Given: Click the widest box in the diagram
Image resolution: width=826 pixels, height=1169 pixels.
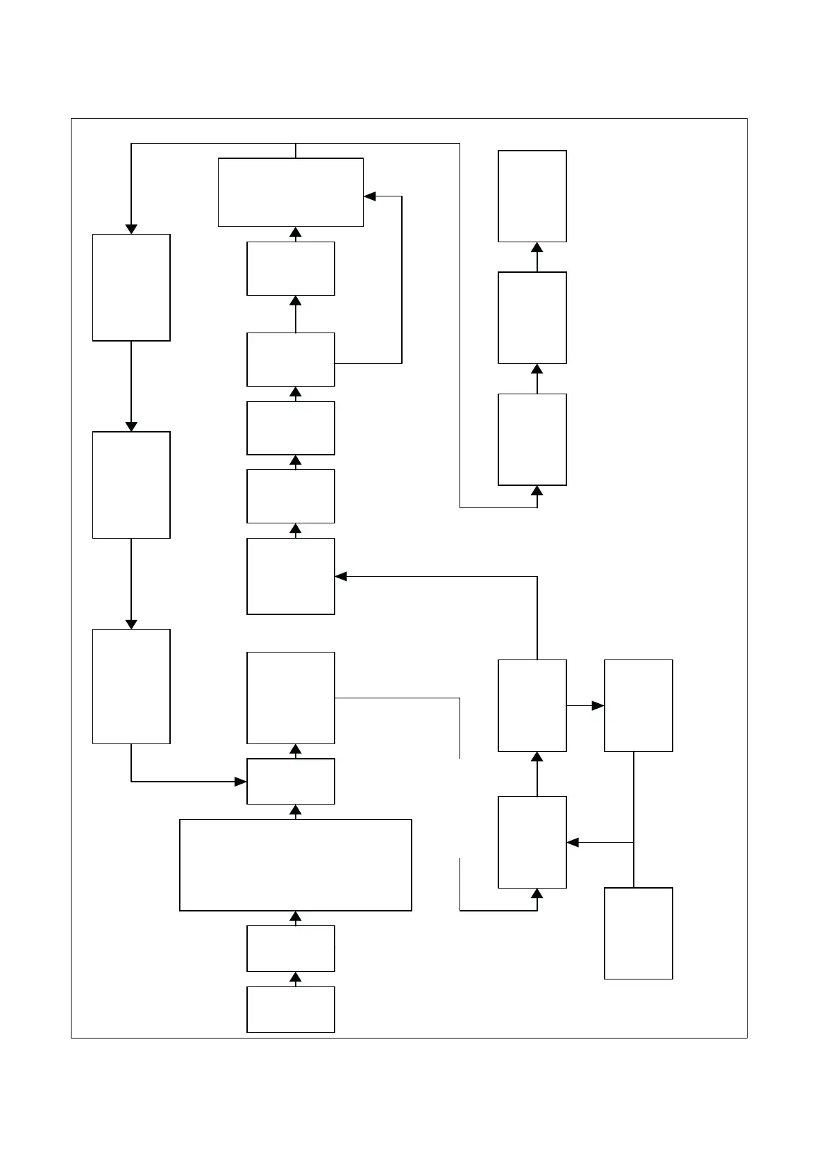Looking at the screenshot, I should click(296, 865).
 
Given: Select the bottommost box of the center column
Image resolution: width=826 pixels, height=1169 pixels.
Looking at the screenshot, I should click(291, 1009).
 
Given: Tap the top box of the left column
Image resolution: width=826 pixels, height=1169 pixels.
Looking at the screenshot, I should click(131, 287).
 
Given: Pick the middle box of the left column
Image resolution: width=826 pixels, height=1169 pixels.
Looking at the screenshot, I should click(131, 485).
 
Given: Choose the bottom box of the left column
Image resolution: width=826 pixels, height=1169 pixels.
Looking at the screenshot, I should click(131, 686).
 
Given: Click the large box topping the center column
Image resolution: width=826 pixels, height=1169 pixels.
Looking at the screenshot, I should click(291, 192).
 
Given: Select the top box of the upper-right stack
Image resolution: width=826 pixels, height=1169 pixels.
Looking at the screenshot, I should click(532, 196).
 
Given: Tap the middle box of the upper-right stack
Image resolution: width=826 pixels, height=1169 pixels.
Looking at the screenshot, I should click(532, 317).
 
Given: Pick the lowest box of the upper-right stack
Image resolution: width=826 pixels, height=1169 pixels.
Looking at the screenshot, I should click(532, 439).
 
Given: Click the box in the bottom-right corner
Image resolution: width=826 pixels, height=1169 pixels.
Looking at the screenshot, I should click(639, 933).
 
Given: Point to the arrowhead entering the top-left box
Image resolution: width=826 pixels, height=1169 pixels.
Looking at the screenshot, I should click(131, 229).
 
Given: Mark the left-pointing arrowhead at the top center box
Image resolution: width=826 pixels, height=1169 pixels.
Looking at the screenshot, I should click(370, 196).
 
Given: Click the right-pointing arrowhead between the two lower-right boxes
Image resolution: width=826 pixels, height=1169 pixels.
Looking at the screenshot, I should click(598, 705).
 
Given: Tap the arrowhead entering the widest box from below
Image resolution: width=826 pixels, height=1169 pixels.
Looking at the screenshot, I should click(296, 917).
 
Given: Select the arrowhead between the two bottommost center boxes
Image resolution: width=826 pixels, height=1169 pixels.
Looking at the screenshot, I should click(296, 979).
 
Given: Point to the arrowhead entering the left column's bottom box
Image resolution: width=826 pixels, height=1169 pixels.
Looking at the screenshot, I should click(131, 624).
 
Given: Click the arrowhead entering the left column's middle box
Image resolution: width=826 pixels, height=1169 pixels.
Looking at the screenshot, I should click(131, 426).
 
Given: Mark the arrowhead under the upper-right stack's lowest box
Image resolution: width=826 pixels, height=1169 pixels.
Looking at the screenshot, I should click(537, 491).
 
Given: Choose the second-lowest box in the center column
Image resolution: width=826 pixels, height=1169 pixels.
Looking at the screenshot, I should click(291, 948).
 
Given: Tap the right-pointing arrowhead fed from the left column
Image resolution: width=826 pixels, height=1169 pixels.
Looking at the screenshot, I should click(240, 782).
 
